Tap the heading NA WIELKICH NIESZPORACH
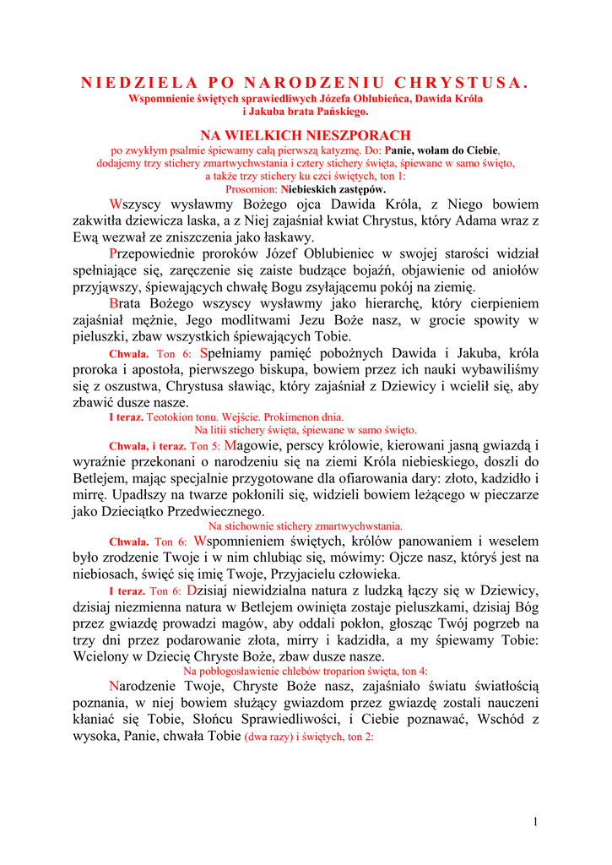tap(305, 135)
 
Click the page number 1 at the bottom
tap(536, 821)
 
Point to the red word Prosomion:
tap(252, 189)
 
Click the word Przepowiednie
tap(152, 253)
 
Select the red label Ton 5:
tap(205, 446)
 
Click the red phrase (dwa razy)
tap(268, 737)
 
